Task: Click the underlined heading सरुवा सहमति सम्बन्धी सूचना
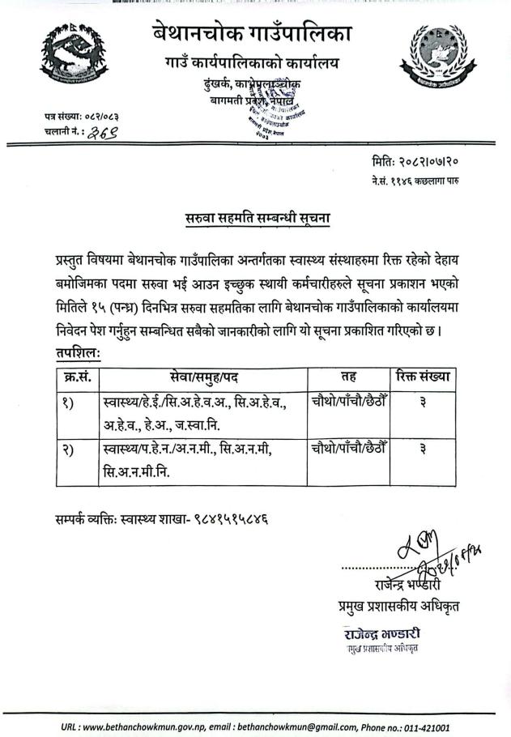pyautogui.click(x=256, y=218)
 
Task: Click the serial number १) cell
pyautogui.click(x=67, y=403)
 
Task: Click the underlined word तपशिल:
pyautogui.click(x=74, y=355)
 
